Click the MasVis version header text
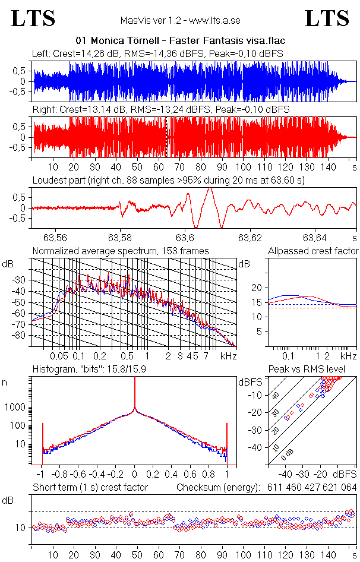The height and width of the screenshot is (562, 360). pos(180,21)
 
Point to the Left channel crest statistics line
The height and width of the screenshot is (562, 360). pos(157,53)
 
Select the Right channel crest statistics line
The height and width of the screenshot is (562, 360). pos(160,110)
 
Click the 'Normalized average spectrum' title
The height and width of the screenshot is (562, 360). pos(121,251)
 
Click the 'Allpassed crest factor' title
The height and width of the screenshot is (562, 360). pos(313,251)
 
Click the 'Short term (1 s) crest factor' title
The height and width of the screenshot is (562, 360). pos(90,488)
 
